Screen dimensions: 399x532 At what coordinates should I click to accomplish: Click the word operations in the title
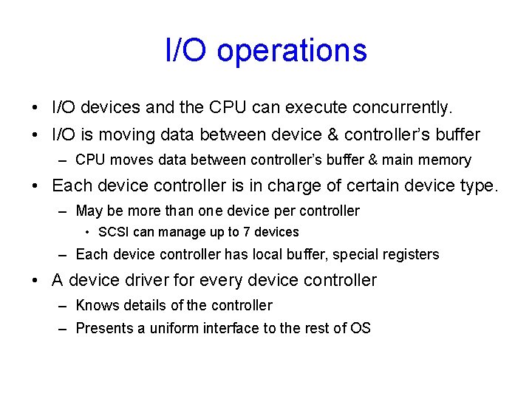(292, 50)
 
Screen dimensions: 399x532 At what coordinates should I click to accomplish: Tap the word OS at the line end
(361, 328)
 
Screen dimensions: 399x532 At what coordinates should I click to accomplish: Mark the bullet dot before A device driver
(35, 281)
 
